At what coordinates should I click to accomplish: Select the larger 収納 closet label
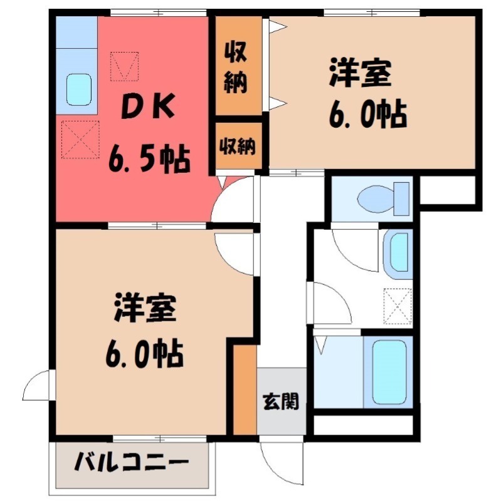click(236, 65)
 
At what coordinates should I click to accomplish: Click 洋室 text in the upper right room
click(361, 75)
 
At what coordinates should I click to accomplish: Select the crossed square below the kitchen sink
click(80, 138)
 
